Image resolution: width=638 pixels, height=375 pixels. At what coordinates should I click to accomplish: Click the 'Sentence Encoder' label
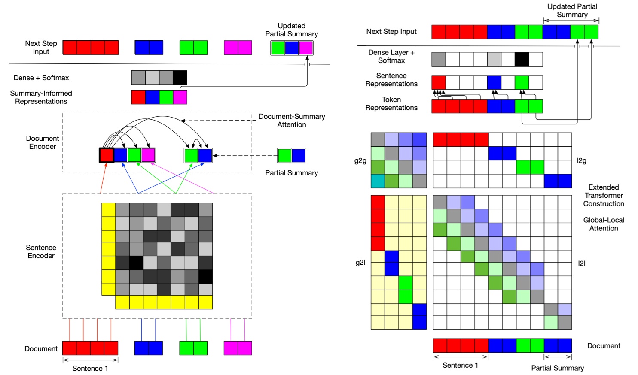pyautogui.click(x=41, y=251)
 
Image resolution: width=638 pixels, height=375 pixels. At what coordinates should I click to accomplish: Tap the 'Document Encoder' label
pyautogui.click(x=42, y=142)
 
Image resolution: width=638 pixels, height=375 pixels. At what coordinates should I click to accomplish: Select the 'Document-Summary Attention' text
pyautogui.click(x=291, y=121)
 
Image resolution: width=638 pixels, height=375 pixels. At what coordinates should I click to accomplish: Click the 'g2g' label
pyautogui.click(x=360, y=161)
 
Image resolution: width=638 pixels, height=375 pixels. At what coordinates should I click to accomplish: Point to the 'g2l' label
pyautogui.click(x=360, y=263)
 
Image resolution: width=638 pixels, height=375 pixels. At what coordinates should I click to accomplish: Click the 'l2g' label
pyautogui.click(x=581, y=160)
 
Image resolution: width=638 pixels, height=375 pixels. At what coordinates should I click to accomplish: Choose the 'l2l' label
pyautogui.click(x=581, y=263)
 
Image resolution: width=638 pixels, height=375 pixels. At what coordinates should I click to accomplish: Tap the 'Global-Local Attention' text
pyautogui.click(x=603, y=224)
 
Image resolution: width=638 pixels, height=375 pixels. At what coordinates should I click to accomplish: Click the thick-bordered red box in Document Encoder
pyautogui.click(x=107, y=155)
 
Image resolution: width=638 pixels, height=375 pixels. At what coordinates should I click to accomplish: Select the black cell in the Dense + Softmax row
pyautogui.click(x=180, y=78)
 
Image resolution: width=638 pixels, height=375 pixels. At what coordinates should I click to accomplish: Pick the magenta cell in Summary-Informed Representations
pyautogui.click(x=180, y=97)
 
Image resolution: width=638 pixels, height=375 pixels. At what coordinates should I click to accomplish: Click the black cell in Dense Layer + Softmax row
pyautogui.click(x=522, y=59)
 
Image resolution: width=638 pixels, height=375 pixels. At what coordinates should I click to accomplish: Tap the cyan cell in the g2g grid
pyautogui.click(x=378, y=181)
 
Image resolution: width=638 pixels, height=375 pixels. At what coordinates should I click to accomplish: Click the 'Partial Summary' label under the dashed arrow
pyautogui.click(x=291, y=173)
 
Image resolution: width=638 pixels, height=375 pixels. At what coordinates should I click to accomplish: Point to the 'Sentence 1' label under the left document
pyautogui.click(x=90, y=368)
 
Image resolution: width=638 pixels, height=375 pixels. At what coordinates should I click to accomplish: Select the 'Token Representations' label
pyautogui.click(x=391, y=103)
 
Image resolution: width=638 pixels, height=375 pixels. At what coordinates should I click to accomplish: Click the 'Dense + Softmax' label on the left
pyautogui.click(x=41, y=78)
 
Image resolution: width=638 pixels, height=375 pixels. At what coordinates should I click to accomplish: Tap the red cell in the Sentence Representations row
pyautogui.click(x=439, y=82)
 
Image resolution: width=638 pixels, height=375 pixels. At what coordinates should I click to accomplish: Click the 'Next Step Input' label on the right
pyautogui.click(x=391, y=31)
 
